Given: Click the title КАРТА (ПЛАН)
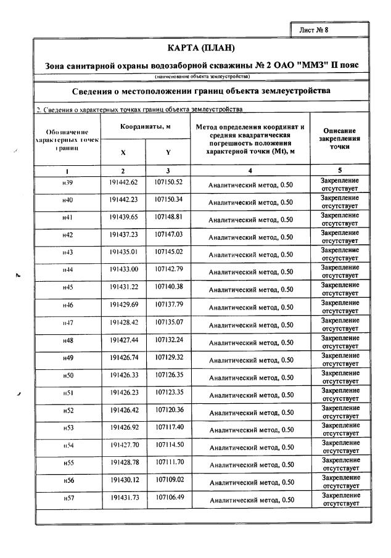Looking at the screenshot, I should pos(201,48).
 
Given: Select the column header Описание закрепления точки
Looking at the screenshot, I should pos(340,139).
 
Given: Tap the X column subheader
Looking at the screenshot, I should pos(123,152).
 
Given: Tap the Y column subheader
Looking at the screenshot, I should pos(168,152).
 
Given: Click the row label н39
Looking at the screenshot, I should pos(68,183).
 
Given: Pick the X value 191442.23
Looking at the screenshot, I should pos(123,200).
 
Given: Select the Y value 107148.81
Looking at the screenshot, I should pos(168,217).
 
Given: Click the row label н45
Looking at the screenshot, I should pos(68,287).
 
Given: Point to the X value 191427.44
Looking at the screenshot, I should pos(123,340).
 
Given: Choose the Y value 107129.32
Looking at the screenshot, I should pos(168,357).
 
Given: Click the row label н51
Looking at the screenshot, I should pos(68,392).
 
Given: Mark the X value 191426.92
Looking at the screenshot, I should pos(123,427).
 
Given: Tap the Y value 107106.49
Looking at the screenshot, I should pos(168,497).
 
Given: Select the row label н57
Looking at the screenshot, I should pos(68,497).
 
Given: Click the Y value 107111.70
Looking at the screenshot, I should pos(168,462).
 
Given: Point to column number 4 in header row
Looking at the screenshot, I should pos(250,170).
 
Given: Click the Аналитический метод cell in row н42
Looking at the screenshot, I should pos(250,236).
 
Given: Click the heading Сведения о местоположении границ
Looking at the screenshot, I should pos(201,91).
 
